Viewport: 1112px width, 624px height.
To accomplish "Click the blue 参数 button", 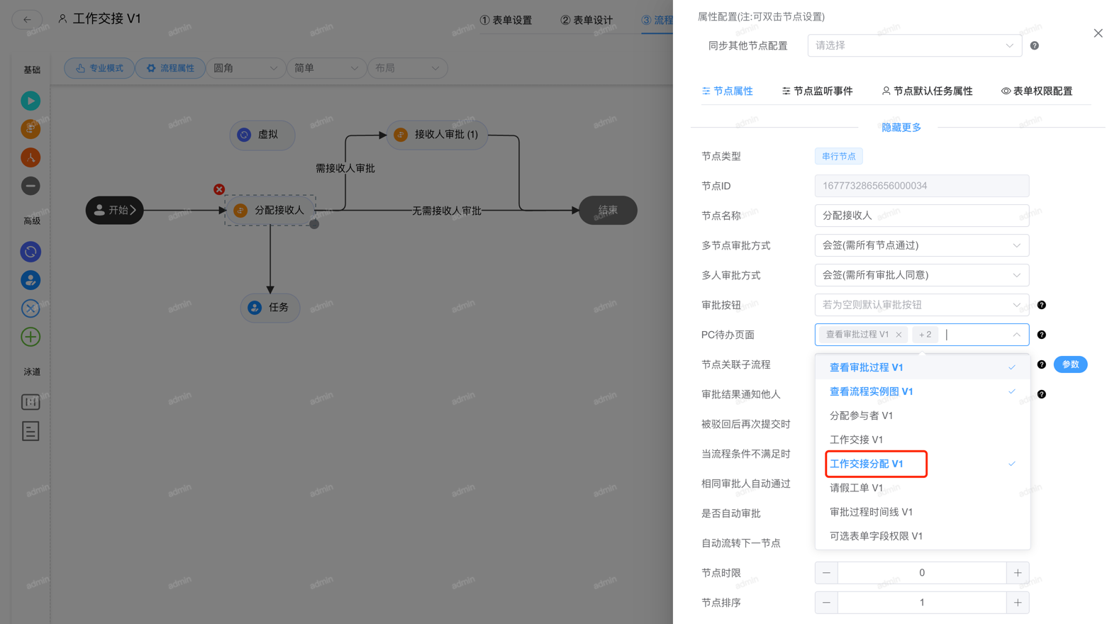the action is click(1070, 364).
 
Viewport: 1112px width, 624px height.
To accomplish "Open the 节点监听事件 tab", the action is click(817, 91).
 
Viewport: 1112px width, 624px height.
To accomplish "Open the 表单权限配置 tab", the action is click(1037, 91).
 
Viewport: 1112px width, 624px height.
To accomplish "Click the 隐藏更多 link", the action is click(901, 128).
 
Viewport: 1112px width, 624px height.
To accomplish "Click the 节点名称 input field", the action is click(921, 216).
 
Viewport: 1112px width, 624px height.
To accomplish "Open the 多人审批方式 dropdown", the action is click(921, 275).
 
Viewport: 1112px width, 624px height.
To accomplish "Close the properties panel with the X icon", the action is click(1098, 33).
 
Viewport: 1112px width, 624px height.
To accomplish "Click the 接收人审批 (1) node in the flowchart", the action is click(437, 135).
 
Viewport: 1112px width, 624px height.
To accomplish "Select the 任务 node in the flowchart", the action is click(270, 308).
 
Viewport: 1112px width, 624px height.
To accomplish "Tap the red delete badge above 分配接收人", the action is click(219, 189).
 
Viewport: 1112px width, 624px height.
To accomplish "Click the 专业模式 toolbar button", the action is click(99, 68).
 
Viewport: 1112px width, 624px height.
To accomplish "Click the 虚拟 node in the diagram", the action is click(262, 135).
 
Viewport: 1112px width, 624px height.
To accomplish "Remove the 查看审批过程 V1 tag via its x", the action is click(899, 335).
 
